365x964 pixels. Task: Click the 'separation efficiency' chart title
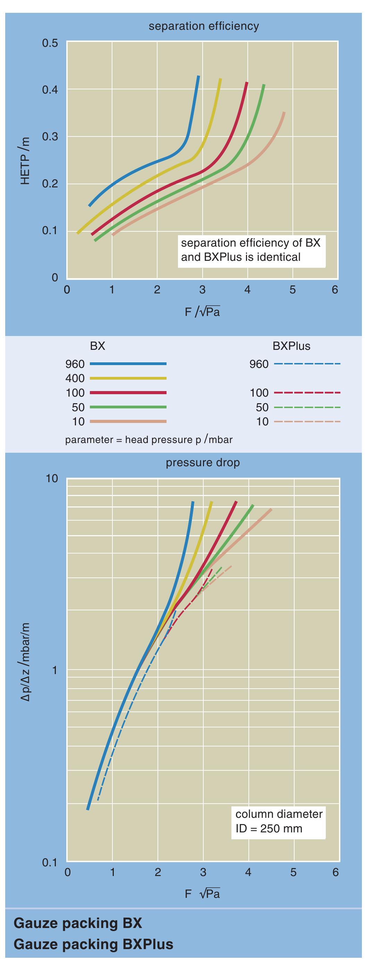203,26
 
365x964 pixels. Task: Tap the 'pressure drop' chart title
203,462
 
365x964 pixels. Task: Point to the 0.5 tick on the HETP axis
50,43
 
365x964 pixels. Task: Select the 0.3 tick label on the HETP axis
50,137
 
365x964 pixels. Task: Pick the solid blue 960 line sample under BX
128,364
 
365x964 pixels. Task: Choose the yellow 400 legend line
128,378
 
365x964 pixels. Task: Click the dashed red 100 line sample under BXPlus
307,392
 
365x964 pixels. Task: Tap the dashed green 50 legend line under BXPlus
307,407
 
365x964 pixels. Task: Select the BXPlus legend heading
291,346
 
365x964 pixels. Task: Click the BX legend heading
97,346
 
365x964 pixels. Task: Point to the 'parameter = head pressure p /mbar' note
149,439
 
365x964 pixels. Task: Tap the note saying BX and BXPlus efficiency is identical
251,250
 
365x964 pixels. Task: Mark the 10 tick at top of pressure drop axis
52,479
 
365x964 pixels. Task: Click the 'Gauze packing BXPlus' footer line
93,944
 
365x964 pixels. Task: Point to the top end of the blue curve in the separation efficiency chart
198,77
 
